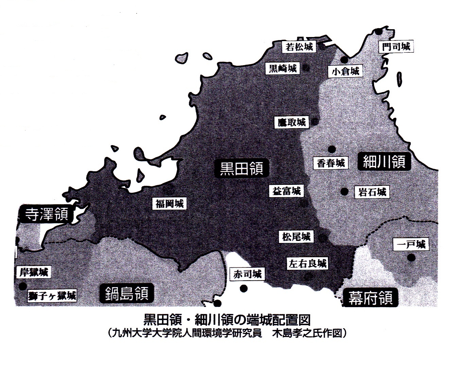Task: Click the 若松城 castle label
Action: pos(299,47)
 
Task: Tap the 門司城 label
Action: pos(396,46)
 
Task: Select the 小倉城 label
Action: pos(345,71)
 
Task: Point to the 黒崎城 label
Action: pos(283,69)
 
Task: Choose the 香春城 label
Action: pos(331,163)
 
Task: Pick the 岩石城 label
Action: pos(372,192)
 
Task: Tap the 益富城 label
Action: pos(287,191)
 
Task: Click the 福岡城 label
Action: pos(169,204)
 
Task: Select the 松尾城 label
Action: pos(296,237)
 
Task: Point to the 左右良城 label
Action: pos(308,264)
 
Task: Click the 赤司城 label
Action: pos(248,274)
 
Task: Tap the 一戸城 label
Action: pos(411,244)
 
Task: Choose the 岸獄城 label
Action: pos(34,272)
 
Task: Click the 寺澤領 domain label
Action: pos(47,214)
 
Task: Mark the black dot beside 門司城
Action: pos(378,32)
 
